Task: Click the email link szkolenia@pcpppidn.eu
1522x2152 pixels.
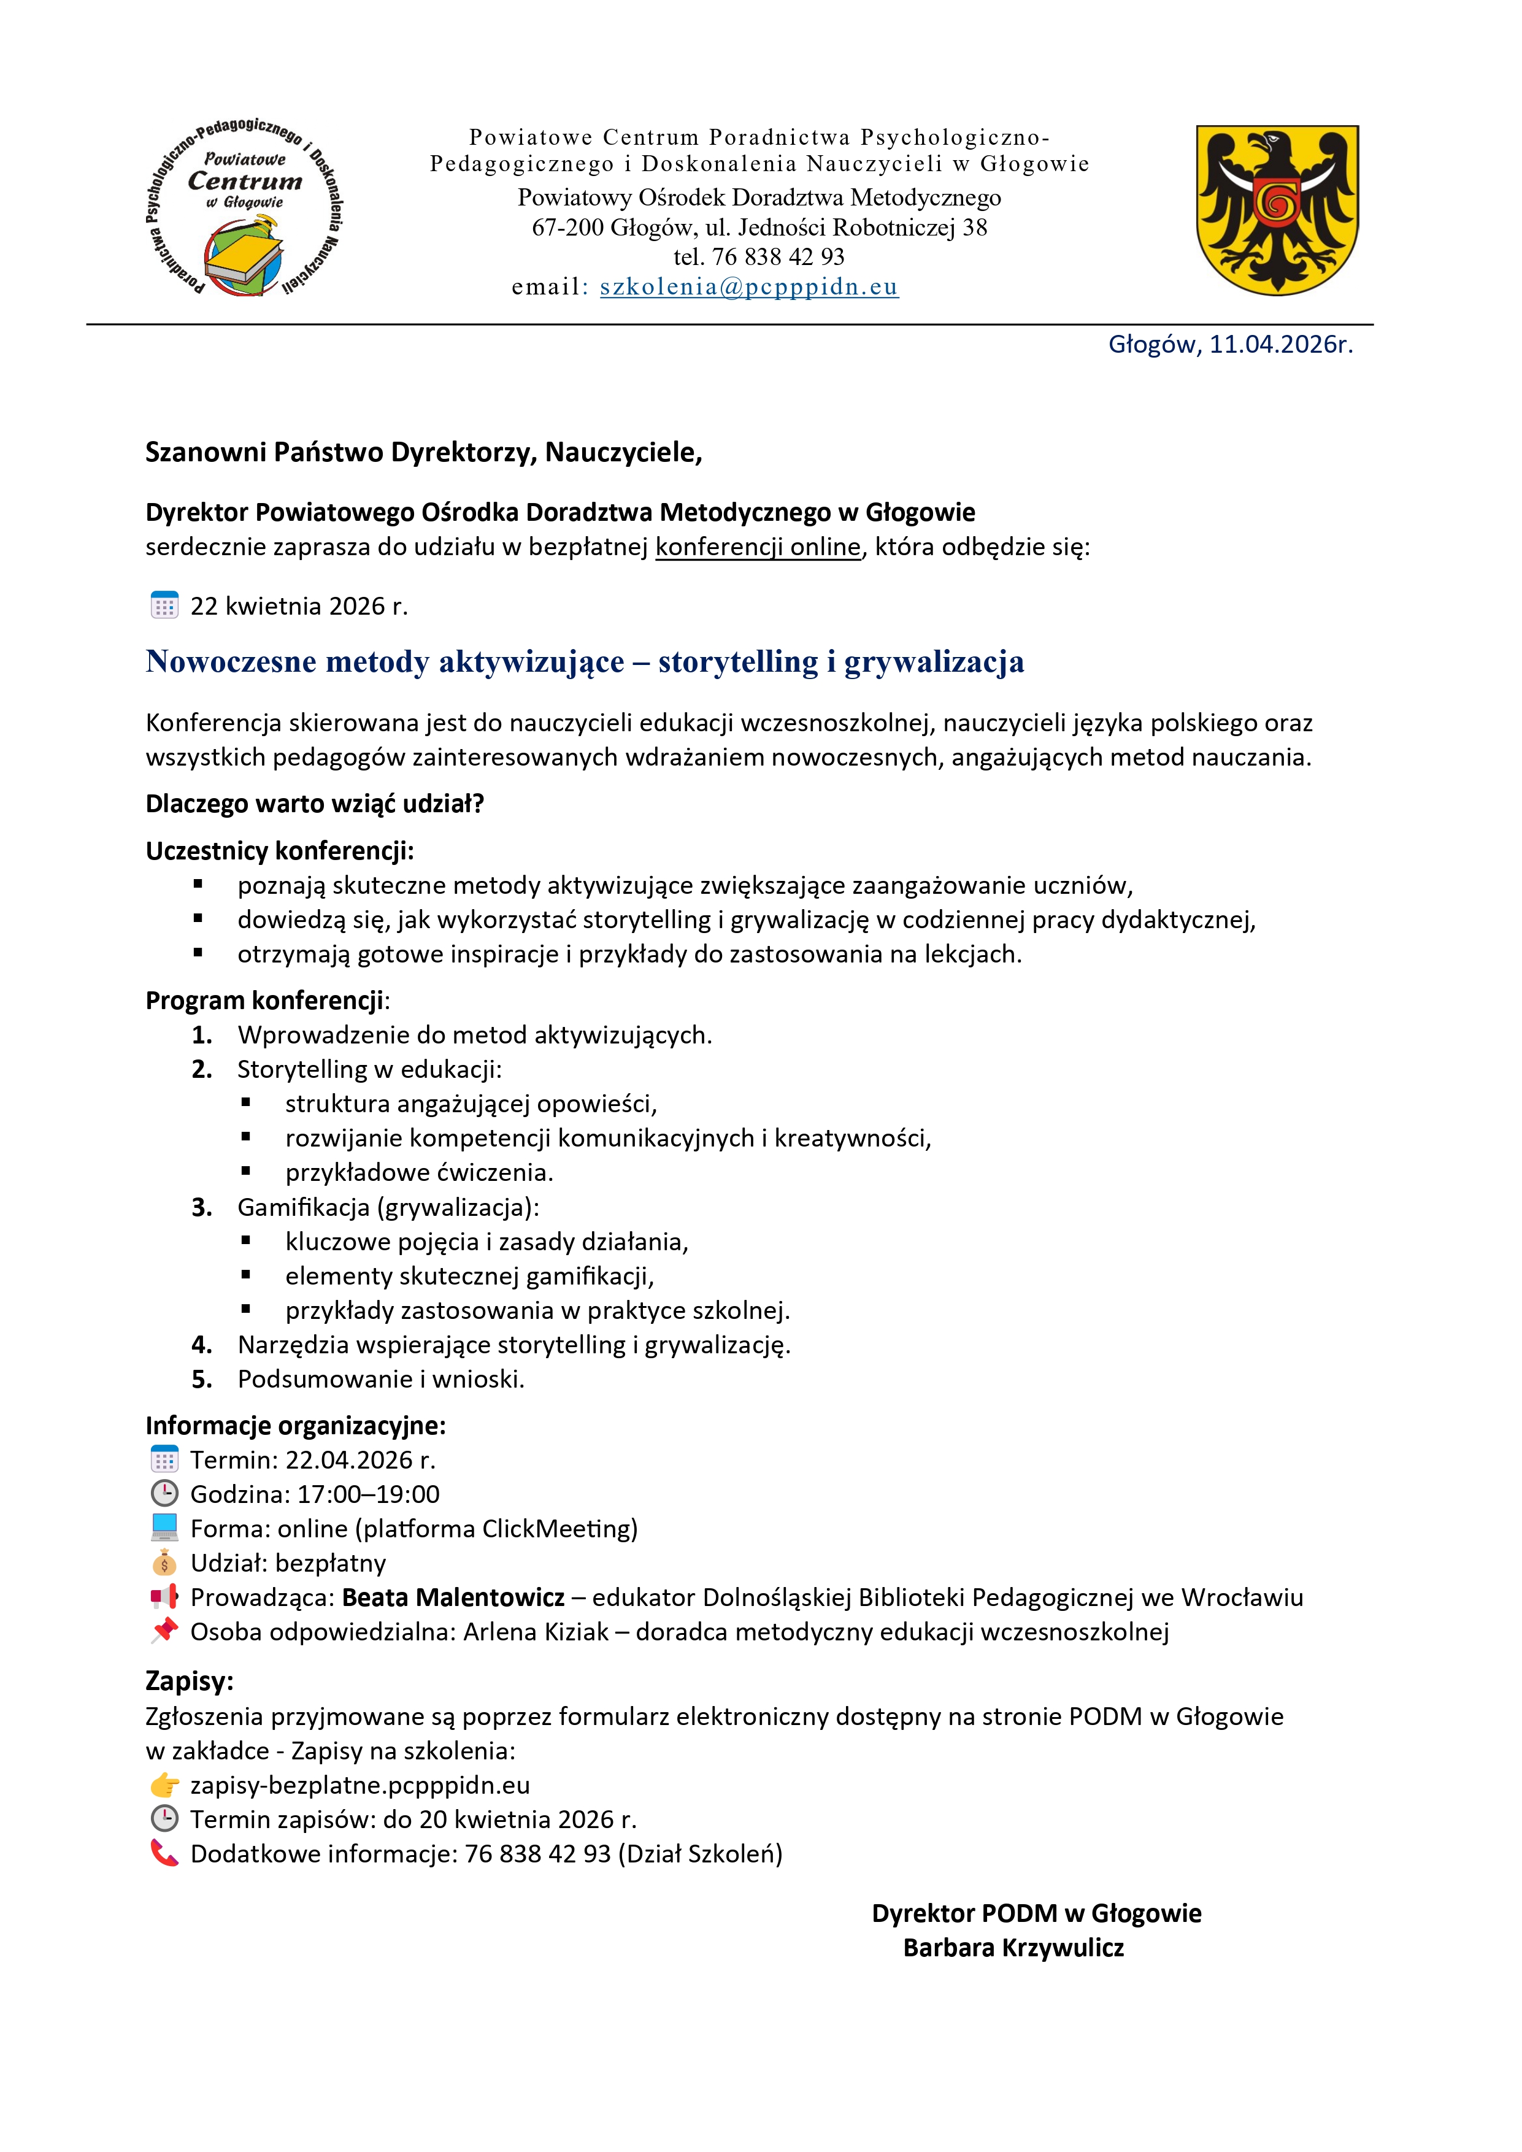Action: tap(749, 287)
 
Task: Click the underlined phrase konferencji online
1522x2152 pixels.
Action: tap(757, 547)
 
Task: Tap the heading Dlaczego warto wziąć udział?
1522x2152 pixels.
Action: tap(315, 804)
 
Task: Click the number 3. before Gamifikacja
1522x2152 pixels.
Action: tap(201, 1207)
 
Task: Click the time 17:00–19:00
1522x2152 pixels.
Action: tap(368, 1494)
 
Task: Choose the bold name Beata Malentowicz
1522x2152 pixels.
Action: tap(453, 1597)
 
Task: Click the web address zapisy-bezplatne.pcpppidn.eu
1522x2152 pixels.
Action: tap(360, 1786)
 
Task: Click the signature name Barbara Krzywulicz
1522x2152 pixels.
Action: tap(1013, 1948)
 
